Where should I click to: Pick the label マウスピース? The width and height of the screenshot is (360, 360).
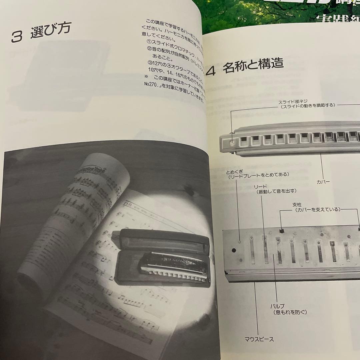click(x=259, y=339)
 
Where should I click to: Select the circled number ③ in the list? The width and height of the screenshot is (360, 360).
click(x=149, y=63)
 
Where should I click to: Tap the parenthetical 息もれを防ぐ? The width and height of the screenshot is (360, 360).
click(x=289, y=312)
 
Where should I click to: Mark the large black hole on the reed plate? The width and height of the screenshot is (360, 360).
click(x=234, y=250)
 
